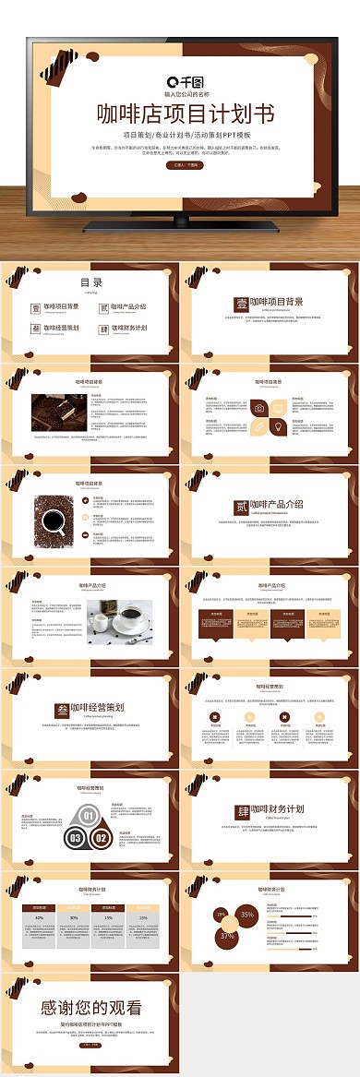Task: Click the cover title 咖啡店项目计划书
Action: [x=186, y=114]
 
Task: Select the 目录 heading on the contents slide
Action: [x=90, y=283]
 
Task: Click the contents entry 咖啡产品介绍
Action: [x=127, y=306]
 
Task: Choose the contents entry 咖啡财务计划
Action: [x=127, y=328]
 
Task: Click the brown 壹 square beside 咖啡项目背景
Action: [x=240, y=303]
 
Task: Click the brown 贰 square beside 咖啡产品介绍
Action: [x=240, y=507]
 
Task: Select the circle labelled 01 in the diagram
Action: [x=88, y=815]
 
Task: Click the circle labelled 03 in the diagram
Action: [x=75, y=838]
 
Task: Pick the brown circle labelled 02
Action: [x=101, y=838]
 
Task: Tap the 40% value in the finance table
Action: [x=39, y=918]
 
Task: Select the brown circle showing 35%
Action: [x=246, y=915]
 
